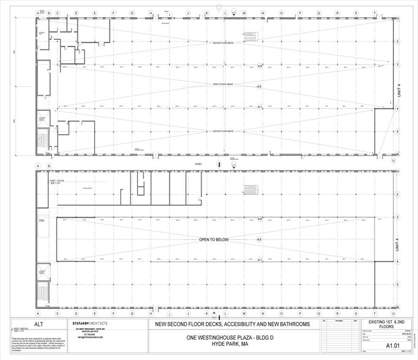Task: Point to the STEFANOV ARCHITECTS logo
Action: [x=90, y=323]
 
